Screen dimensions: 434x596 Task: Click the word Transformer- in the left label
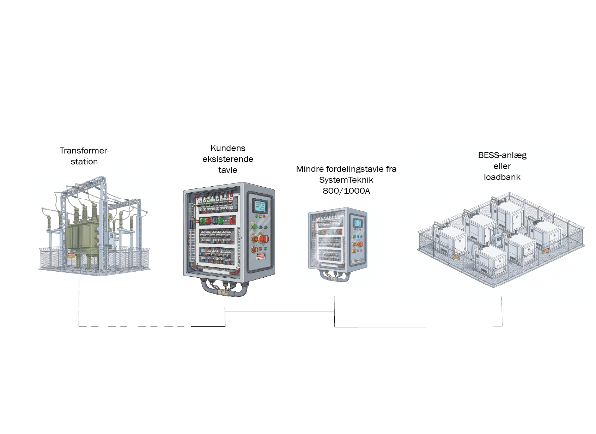84,151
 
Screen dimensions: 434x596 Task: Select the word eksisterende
228,159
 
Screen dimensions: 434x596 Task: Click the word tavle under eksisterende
228,170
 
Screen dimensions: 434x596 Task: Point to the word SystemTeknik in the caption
346,180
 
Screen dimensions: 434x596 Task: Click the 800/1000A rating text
346,191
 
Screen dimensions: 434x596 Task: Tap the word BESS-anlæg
502,155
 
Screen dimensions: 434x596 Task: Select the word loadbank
502,177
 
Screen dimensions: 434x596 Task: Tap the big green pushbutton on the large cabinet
254,227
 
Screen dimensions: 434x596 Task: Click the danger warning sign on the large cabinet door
261,257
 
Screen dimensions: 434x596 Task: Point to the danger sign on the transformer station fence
71,255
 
